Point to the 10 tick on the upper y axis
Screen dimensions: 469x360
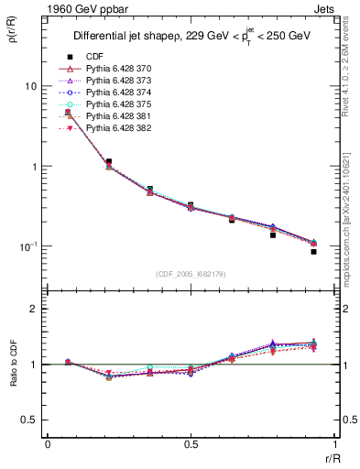[x=30, y=86]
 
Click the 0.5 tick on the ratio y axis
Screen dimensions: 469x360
[x=30, y=420]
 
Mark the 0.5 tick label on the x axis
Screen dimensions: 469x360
[x=191, y=444]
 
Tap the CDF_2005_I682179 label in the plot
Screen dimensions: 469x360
[x=191, y=274]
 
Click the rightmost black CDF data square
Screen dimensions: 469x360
[x=313, y=251]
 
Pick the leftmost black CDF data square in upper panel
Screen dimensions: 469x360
[x=68, y=113]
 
